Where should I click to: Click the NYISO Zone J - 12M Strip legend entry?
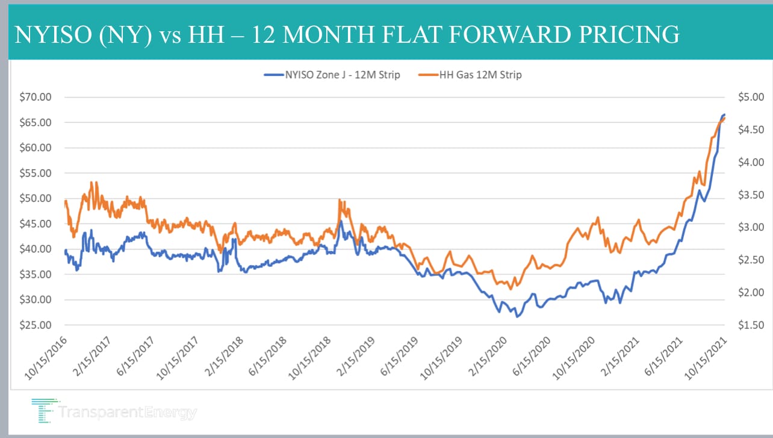click(332, 75)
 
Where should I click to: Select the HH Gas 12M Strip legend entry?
click(470, 75)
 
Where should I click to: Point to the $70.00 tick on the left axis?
click(35, 97)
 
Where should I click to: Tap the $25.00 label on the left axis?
click(35, 325)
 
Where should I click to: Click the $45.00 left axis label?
click(35, 224)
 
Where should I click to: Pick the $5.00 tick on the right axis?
click(751, 97)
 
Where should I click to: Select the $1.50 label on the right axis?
click(751, 325)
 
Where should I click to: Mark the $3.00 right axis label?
click(751, 227)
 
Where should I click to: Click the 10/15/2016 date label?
click(46, 358)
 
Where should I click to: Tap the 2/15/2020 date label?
click(487, 357)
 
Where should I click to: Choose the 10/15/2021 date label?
click(706, 358)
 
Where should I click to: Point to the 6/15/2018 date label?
click(267, 357)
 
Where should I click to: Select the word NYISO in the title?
click(54, 34)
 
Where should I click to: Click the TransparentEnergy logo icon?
click(45, 411)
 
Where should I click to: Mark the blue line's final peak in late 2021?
click(724, 114)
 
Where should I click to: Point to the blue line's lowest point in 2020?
click(517, 316)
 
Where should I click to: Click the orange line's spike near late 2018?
click(340, 200)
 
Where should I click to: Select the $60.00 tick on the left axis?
click(35, 148)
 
